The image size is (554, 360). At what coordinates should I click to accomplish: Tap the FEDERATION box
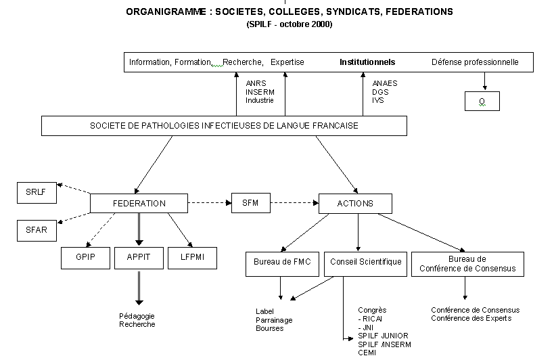click(x=138, y=203)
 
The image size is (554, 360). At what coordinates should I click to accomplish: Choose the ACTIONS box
click(x=354, y=203)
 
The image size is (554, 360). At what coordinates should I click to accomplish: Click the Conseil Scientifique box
click(x=366, y=263)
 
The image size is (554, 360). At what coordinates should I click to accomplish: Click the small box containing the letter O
click(x=482, y=101)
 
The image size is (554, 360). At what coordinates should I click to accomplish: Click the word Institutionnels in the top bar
click(x=367, y=62)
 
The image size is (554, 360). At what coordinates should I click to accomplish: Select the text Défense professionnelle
click(x=475, y=62)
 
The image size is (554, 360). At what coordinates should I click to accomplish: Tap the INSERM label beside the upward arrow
click(x=259, y=92)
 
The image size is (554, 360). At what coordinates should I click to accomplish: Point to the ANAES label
click(x=384, y=84)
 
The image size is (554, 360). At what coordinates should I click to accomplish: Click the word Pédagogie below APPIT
click(x=137, y=316)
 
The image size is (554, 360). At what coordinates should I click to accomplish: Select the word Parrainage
click(x=274, y=320)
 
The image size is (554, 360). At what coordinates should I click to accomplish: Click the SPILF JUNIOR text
click(x=383, y=336)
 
